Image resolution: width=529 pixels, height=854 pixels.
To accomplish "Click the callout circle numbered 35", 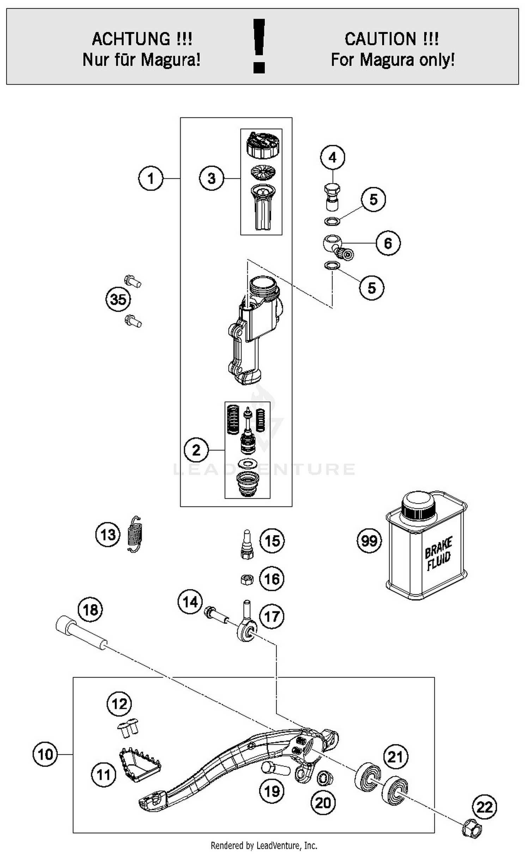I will click(x=118, y=300).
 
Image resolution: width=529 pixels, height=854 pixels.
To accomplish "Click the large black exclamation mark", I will click(x=259, y=46).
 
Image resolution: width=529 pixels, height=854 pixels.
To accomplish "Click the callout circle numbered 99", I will click(x=369, y=541).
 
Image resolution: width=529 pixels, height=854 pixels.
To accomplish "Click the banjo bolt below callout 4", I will click(x=332, y=197).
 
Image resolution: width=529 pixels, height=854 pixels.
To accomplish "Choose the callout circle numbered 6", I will click(x=388, y=243).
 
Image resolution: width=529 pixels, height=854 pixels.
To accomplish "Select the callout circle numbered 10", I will click(x=45, y=754).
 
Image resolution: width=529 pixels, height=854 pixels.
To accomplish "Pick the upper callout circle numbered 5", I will click(x=373, y=199).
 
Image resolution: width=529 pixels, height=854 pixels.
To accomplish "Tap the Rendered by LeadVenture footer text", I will click(x=264, y=845).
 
